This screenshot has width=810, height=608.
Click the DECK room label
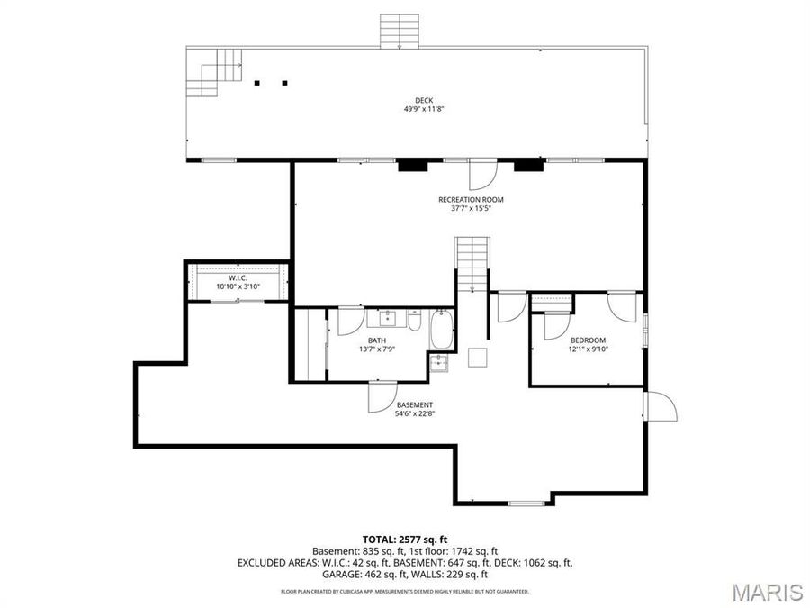point(423,100)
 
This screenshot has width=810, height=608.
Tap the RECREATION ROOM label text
point(471,199)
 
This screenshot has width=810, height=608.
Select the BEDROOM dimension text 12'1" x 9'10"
point(588,349)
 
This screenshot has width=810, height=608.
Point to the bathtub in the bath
point(442,331)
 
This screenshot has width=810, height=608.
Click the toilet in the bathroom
point(414,320)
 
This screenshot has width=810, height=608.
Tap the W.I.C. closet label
point(238,277)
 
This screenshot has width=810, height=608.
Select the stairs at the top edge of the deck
point(400,31)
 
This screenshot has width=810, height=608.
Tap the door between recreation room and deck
point(482,172)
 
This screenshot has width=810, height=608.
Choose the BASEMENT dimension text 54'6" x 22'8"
point(415,414)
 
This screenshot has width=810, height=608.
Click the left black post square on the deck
point(257,83)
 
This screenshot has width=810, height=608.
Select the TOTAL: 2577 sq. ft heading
point(404,538)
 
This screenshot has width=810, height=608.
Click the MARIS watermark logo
point(766,592)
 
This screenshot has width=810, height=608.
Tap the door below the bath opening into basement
point(381,396)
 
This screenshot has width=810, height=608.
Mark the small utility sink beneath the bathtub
point(438,363)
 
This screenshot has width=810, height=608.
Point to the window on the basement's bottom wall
point(526,503)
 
